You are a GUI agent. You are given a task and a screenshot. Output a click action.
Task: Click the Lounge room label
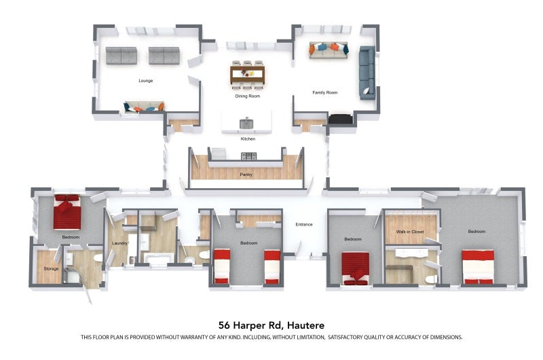pyautogui.click(x=146, y=80)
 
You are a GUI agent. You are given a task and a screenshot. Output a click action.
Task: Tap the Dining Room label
pyautogui.click(x=248, y=96)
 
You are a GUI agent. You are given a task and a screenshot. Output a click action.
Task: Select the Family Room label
pyautogui.click(x=325, y=92)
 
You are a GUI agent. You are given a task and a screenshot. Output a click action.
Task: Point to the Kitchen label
pyautogui.click(x=248, y=139)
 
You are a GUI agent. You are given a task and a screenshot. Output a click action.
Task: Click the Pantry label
pyautogui.click(x=246, y=175)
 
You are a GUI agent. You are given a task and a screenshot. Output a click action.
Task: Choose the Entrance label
pyautogui.click(x=304, y=225)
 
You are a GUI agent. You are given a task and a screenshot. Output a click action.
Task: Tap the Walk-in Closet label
pyautogui.click(x=410, y=232)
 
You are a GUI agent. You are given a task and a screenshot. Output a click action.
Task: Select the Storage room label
pyautogui.click(x=52, y=268)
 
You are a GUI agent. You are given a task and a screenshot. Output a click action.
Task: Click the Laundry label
pyautogui.click(x=119, y=243)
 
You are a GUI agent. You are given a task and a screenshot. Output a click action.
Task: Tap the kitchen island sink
pyautogui.click(x=246, y=124)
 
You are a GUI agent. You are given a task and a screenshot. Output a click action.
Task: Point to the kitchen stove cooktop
pyautogui.click(x=249, y=156)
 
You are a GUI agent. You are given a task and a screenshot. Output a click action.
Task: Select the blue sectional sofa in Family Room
pyautogui.click(x=367, y=73)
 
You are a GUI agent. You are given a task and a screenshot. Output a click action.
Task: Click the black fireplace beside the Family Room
pyautogui.click(x=341, y=119)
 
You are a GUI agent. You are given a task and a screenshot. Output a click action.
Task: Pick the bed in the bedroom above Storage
pyautogui.click(x=67, y=212)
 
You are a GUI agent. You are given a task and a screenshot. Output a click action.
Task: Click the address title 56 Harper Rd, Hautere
pyautogui.click(x=271, y=325)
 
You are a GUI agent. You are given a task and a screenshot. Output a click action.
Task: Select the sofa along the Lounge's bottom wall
pyautogui.click(x=144, y=107)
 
